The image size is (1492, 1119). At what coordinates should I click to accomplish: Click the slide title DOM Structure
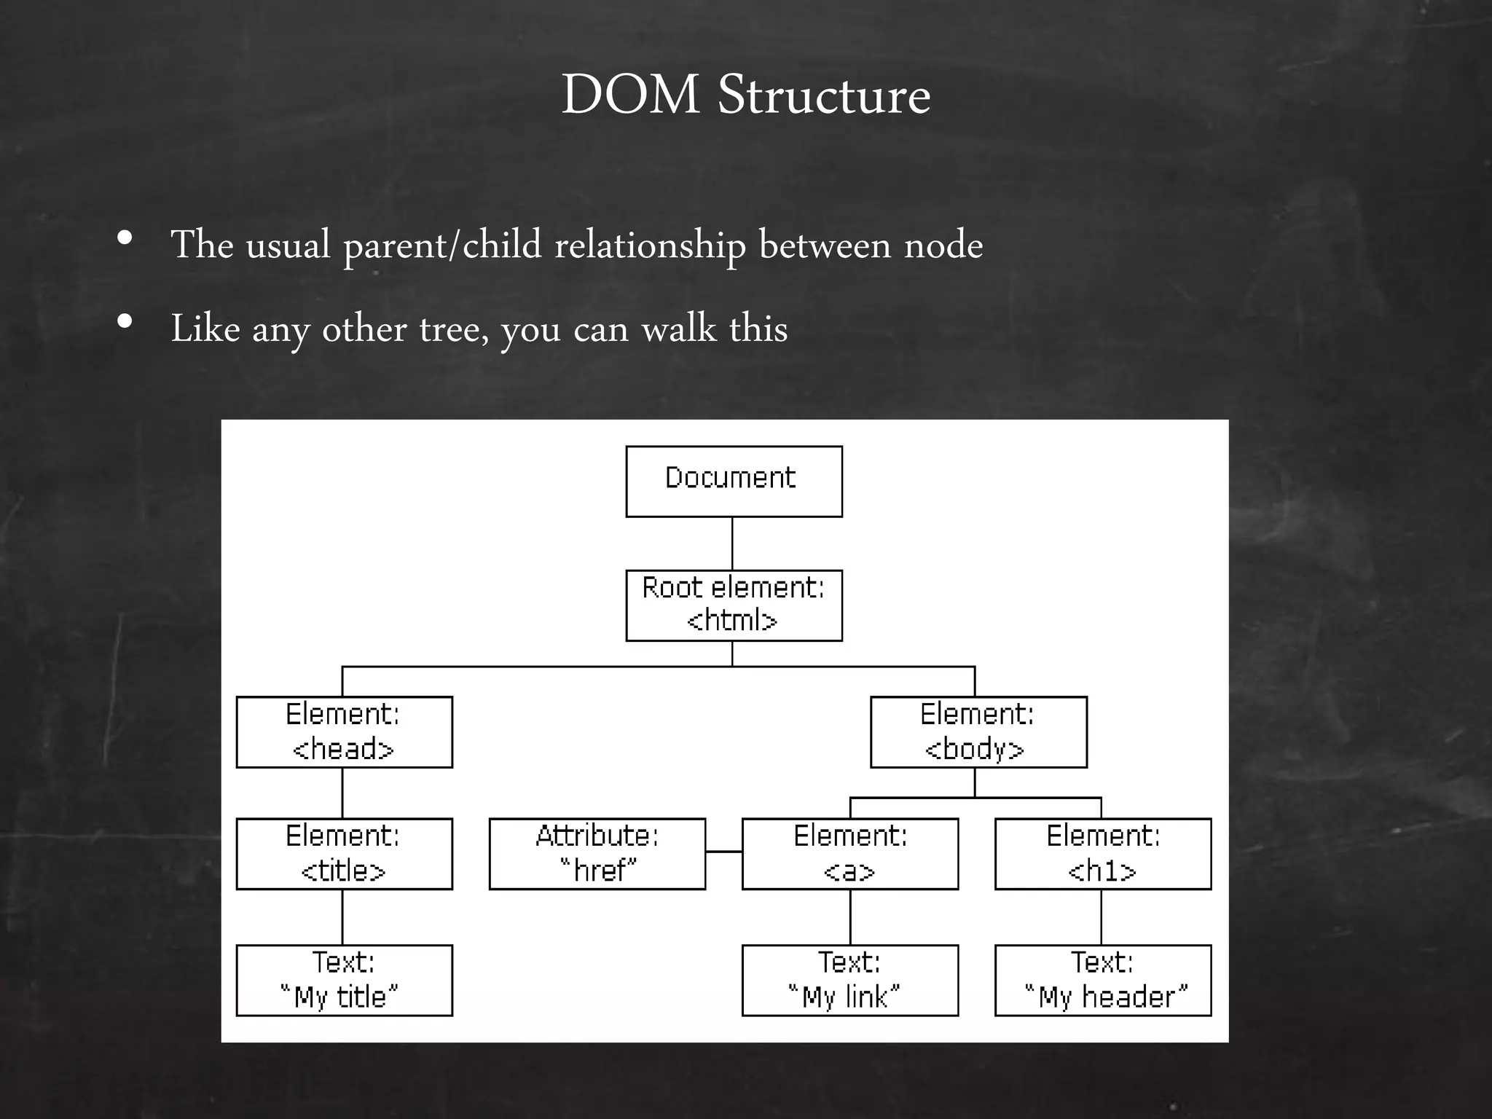tap(745, 95)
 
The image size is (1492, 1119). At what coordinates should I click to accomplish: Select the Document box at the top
tap(734, 482)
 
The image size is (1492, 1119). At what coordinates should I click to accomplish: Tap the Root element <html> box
tap(734, 605)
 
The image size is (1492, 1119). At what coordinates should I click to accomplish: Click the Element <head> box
tap(344, 731)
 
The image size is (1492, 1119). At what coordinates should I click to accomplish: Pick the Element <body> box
tap(978, 731)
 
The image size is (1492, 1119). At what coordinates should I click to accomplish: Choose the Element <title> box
tap(344, 853)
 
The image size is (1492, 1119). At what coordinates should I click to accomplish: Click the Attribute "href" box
tap(597, 853)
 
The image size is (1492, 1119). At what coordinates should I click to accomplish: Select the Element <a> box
tap(849, 853)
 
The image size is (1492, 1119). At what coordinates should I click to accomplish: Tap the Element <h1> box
tap(1102, 853)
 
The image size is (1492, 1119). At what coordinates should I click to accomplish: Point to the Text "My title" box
tap(344, 980)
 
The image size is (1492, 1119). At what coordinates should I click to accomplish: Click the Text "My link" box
tap(849, 980)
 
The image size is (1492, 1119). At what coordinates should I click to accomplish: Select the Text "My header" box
tap(1102, 980)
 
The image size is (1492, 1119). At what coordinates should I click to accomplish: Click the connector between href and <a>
tap(723, 851)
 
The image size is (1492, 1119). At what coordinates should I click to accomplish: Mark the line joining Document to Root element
tap(732, 543)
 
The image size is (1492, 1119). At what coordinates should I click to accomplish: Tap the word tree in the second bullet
tap(452, 329)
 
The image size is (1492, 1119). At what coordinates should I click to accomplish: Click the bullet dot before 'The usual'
tap(125, 238)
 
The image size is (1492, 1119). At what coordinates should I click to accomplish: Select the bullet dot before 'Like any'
tap(125, 321)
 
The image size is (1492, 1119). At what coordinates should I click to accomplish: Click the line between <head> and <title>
tap(342, 793)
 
